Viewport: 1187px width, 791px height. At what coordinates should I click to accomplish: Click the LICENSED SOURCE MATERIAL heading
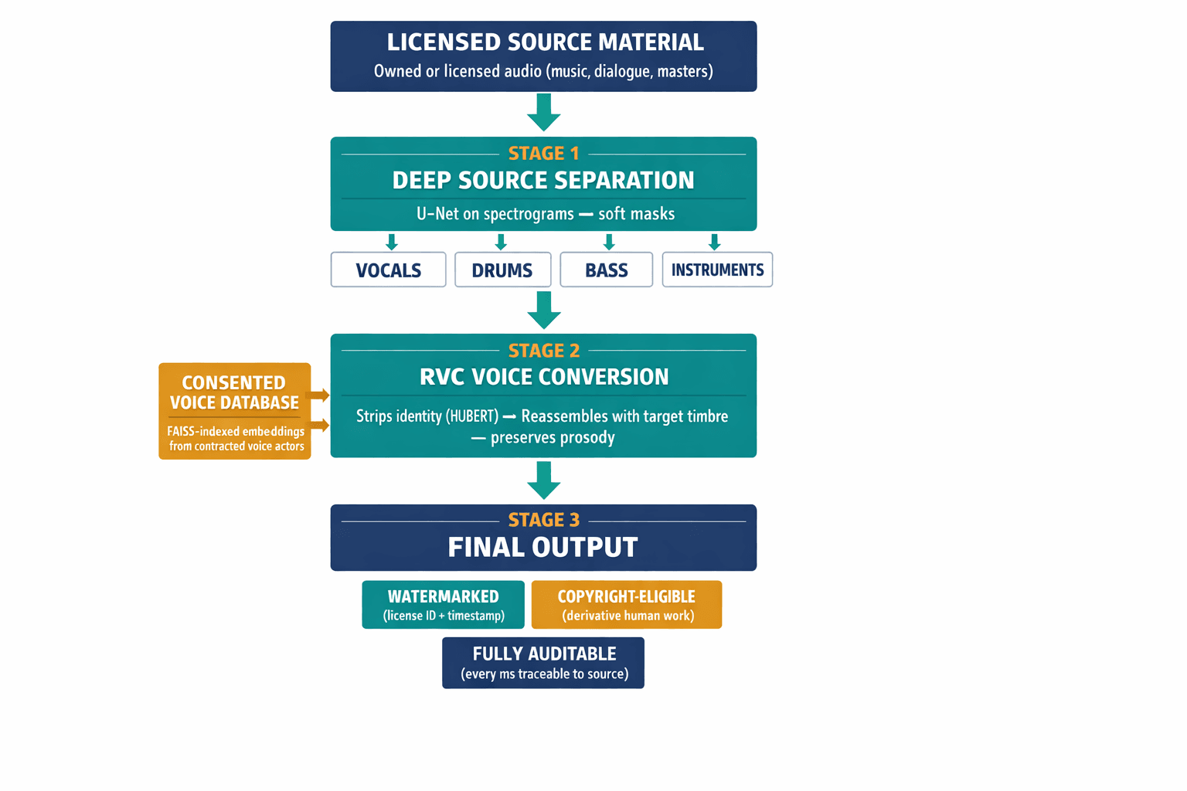coord(545,42)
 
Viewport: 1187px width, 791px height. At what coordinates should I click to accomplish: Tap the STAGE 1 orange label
coord(543,153)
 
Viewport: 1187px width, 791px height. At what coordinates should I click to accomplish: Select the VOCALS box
coord(388,270)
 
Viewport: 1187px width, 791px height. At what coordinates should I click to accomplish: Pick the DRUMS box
coord(502,270)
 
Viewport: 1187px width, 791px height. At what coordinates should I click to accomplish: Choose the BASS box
coord(606,270)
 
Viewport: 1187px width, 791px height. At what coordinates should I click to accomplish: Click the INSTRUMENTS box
coord(717,270)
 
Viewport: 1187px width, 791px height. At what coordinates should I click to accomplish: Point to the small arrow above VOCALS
coord(392,242)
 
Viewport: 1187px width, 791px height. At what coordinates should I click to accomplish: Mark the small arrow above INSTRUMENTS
coord(714,242)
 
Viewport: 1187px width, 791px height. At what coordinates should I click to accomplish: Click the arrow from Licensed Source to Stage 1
coord(543,113)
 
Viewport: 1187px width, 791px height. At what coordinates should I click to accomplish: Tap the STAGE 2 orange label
coord(543,351)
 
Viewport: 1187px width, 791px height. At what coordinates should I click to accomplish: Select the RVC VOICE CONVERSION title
coord(543,377)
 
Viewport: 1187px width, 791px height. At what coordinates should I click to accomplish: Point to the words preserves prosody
coord(553,437)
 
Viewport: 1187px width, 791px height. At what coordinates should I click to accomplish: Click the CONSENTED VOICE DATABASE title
coord(234,392)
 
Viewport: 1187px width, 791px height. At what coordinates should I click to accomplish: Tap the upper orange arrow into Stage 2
coord(318,395)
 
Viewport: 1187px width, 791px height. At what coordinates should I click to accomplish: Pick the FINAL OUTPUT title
coord(542,547)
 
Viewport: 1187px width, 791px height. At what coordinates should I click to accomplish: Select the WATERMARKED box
coord(443,604)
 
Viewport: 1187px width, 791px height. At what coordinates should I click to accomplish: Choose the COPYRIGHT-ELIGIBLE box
coord(627,604)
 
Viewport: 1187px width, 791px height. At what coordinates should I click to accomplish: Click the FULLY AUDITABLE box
coord(543,662)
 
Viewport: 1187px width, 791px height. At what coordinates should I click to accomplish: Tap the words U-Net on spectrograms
coord(495,214)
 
